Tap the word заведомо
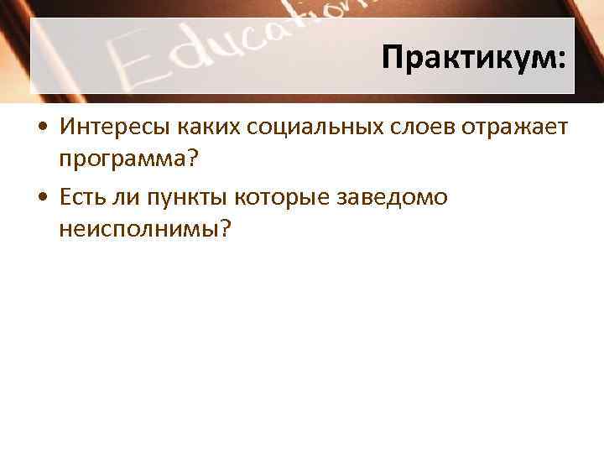(x=393, y=197)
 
